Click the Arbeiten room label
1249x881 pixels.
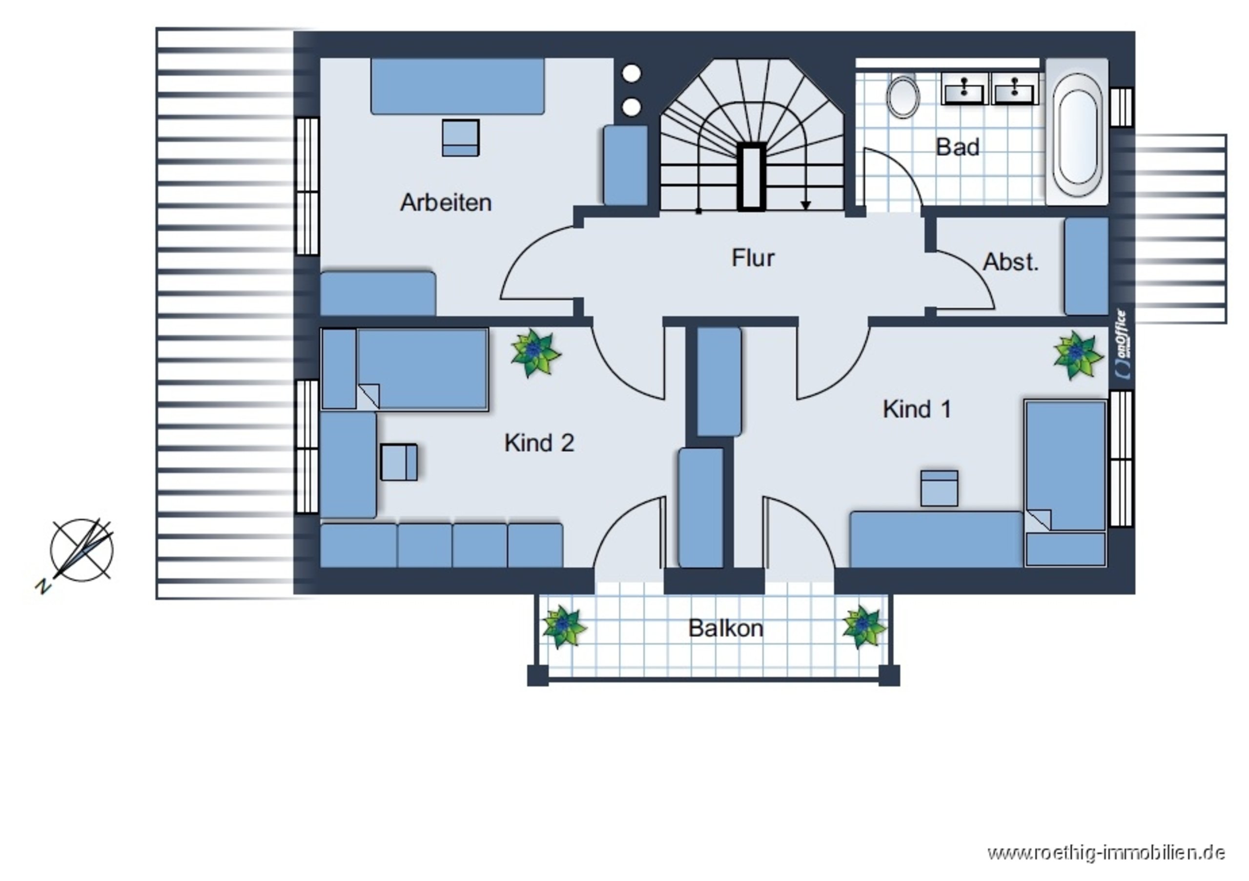[446, 202]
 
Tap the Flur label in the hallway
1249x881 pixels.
[753, 258]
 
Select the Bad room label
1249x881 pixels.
[958, 147]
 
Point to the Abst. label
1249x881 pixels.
[1011, 262]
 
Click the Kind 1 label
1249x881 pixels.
[917, 409]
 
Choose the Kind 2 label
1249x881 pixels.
[539, 442]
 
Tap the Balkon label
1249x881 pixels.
[726, 628]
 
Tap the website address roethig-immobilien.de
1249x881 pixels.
[1106, 852]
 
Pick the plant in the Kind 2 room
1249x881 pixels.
[536, 353]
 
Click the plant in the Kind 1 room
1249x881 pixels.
[1078, 356]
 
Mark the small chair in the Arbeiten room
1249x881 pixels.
[461, 138]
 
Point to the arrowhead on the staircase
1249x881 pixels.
[806, 205]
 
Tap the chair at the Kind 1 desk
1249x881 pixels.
[940, 488]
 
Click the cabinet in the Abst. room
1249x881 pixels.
[1086, 266]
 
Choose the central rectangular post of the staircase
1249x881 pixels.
[751, 177]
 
